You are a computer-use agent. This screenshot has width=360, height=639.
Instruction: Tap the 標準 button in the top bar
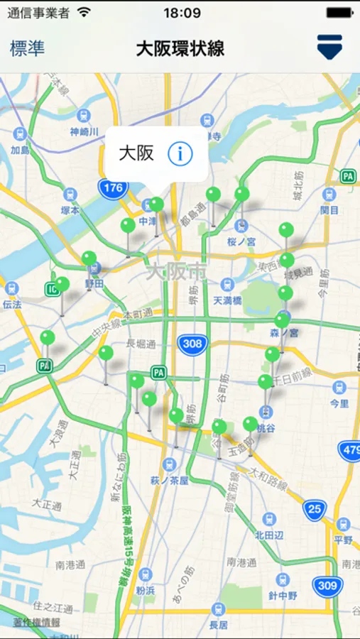click(27, 48)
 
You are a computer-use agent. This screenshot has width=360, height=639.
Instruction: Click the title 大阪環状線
click(180, 48)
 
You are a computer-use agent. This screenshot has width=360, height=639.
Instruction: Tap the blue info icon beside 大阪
click(180, 153)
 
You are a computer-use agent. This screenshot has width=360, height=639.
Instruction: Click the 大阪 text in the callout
click(136, 153)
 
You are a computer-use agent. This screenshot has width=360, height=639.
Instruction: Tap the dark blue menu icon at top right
click(329, 48)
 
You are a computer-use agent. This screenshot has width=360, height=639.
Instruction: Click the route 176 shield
click(112, 188)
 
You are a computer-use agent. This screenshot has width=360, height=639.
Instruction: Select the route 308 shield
click(191, 343)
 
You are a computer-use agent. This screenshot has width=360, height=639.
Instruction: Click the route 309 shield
click(327, 586)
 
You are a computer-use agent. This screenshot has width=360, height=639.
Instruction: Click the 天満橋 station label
click(229, 301)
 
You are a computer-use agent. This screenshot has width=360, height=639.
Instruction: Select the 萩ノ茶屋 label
click(169, 481)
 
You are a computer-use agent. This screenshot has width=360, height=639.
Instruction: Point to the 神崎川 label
click(84, 131)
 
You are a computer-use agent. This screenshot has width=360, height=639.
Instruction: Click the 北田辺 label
click(269, 535)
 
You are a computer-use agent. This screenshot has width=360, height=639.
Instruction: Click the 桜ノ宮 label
click(241, 242)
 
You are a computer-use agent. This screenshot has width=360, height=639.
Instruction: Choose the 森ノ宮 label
click(283, 332)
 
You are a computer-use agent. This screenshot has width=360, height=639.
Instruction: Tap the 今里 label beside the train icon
click(339, 403)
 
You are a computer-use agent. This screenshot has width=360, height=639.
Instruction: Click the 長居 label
click(219, 625)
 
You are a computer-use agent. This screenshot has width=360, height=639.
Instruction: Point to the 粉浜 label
click(146, 590)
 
